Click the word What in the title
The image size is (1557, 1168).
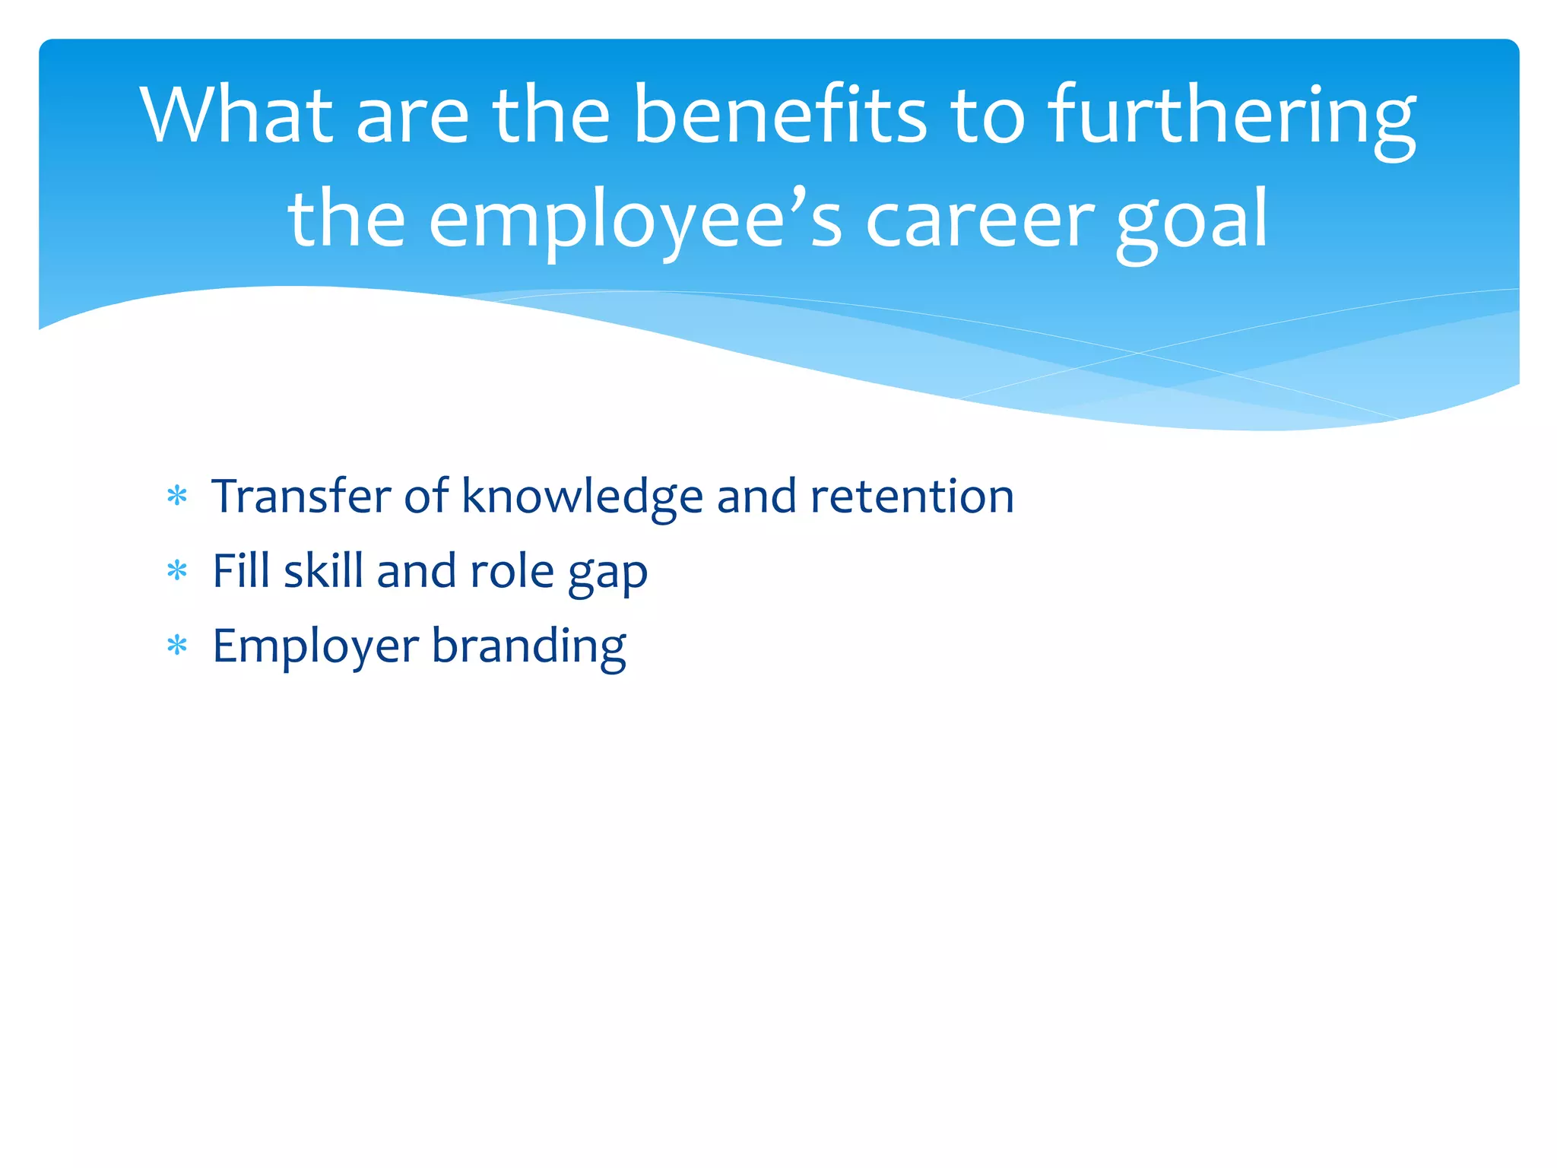coord(236,116)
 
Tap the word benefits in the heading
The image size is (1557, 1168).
coord(780,116)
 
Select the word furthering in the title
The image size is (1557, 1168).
coord(1232,116)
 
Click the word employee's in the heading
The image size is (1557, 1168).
coord(636,221)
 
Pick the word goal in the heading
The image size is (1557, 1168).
coord(1191,221)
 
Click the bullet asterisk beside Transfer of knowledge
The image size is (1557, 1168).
coord(177,497)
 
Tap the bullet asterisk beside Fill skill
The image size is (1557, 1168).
coord(177,572)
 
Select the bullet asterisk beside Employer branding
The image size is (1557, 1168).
coord(177,646)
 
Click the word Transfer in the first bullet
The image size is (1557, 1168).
coord(301,496)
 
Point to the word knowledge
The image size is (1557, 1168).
coord(582,496)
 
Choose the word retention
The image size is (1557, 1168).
coord(912,496)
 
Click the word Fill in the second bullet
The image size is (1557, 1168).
coord(241,570)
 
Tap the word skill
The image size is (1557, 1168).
coord(323,570)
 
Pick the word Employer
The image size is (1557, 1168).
coord(316,646)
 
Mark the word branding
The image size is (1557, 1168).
coord(529,646)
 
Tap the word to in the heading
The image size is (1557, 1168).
coord(988,116)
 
